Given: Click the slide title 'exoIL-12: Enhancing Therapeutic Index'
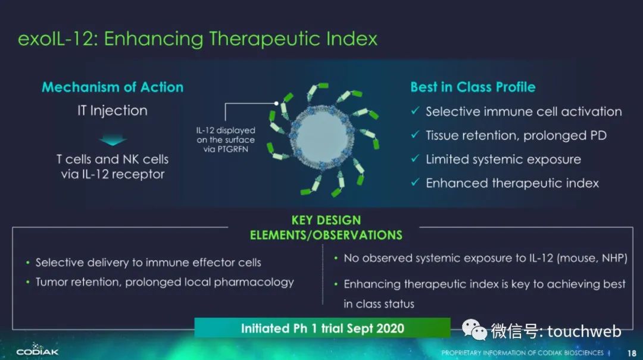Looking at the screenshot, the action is pyautogui.click(x=197, y=39).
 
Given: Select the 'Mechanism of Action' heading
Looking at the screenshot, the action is pyautogui.click(x=113, y=87).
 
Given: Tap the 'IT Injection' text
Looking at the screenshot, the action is pyautogui.click(x=113, y=110).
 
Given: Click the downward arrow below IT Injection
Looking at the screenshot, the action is pyautogui.click(x=113, y=140).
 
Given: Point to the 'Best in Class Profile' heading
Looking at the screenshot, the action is pyautogui.click(x=473, y=87).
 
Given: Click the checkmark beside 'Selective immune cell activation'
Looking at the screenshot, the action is pyautogui.click(x=416, y=111).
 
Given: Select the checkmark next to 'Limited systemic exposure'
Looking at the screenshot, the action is pyautogui.click(x=416, y=158).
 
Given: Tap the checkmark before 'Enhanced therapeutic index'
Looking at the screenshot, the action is pyautogui.click(x=416, y=182).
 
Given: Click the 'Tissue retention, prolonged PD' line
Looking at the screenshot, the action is pyautogui.click(x=516, y=135).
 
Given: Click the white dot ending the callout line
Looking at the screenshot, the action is pyautogui.click(x=276, y=104).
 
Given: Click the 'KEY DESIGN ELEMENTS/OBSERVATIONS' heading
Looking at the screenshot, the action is pyautogui.click(x=326, y=227).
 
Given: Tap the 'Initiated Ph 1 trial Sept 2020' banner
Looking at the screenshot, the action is pyautogui.click(x=322, y=328).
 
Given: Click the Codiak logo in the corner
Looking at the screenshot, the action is pyautogui.click(x=38, y=349).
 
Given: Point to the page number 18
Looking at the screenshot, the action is pyautogui.click(x=632, y=353).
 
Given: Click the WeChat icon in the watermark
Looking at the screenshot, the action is pyautogui.click(x=474, y=330).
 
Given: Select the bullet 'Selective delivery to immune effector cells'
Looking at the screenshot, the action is pyautogui.click(x=148, y=262).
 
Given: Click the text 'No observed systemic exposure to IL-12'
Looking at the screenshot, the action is pyautogui.click(x=449, y=258).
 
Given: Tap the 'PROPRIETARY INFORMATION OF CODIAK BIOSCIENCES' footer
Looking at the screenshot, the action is pyautogui.click(x=523, y=353).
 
